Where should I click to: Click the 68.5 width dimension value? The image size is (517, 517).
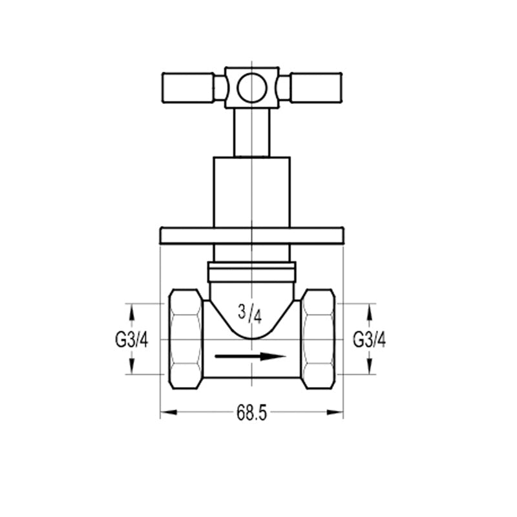click(x=251, y=413)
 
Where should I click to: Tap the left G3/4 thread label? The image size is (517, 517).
click(x=132, y=340)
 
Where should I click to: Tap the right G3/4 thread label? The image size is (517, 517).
click(x=369, y=340)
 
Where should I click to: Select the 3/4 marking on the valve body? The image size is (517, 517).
click(x=249, y=314)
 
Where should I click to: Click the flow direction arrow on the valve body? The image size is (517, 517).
click(x=250, y=357)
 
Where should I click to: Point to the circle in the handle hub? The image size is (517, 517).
click(x=251, y=88)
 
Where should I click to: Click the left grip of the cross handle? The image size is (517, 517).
click(x=187, y=88)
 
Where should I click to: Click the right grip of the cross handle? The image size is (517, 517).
click(x=316, y=88)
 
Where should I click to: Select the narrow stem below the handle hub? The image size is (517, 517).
click(x=251, y=132)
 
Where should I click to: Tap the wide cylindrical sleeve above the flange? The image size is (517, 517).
click(x=251, y=192)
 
